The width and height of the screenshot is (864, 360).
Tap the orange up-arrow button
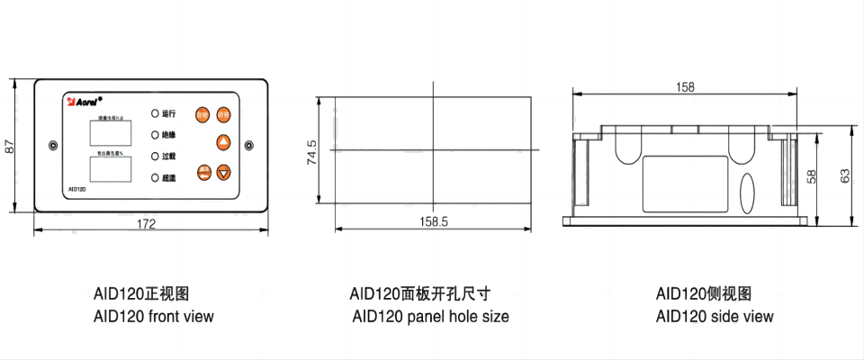pos(223,141)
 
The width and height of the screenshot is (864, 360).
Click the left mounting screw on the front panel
pos(53,145)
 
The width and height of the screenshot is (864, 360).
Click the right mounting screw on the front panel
pos(249,145)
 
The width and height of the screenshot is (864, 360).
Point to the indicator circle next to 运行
pos(154,113)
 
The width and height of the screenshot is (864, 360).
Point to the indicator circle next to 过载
pos(154,157)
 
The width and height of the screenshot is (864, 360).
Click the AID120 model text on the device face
pos(77,190)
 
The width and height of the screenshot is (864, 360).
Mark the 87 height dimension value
pos(10,146)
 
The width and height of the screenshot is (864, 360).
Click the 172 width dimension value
pos(146,223)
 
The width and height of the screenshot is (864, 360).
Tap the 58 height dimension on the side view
pos(813,176)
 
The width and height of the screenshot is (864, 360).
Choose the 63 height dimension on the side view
pos(844,176)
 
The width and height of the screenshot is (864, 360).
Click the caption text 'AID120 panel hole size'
pos(430,316)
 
